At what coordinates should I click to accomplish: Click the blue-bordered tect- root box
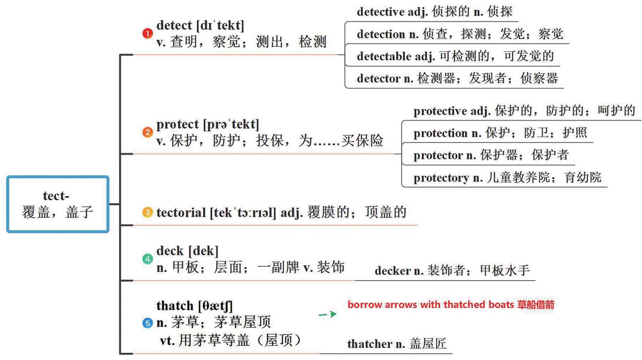click(x=58, y=204)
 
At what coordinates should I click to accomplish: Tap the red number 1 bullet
click(x=148, y=33)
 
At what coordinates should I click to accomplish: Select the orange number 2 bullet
click(x=148, y=132)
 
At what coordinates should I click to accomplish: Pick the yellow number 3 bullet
click(x=148, y=212)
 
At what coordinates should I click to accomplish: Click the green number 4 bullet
click(x=148, y=259)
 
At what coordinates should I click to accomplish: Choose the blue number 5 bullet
click(x=148, y=323)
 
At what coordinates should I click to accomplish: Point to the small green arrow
click(x=327, y=314)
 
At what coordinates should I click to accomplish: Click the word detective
click(x=380, y=12)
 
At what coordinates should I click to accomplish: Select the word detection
click(x=381, y=34)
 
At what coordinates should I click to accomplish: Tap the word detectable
click(x=384, y=56)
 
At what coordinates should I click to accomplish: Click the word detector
click(x=379, y=78)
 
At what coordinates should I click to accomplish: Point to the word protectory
click(x=441, y=178)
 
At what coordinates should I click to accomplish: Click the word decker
click(x=392, y=271)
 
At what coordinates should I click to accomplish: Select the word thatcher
click(x=370, y=344)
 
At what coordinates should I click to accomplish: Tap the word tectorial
click(x=181, y=213)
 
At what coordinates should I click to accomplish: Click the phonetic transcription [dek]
click(x=204, y=251)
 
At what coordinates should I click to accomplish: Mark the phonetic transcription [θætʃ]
click(x=215, y=306)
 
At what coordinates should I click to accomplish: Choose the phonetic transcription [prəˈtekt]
click(x=231, y=124)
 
